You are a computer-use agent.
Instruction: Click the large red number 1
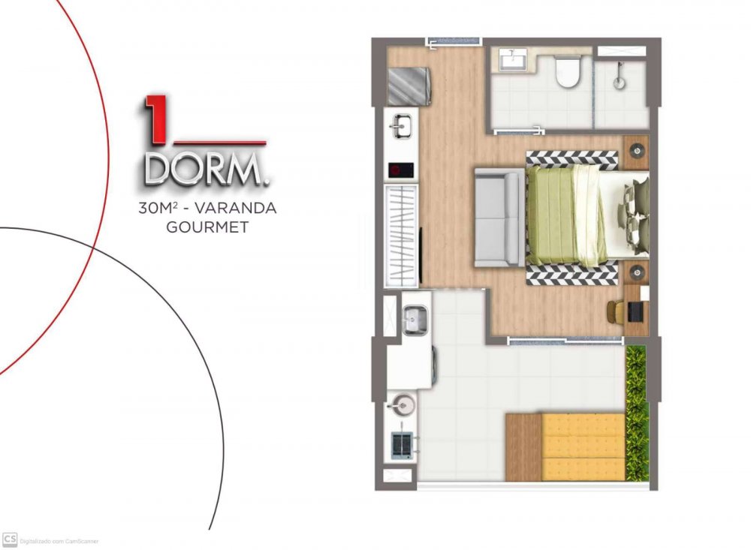pyautogui.click(x=154, y=119)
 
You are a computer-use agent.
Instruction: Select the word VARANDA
pyautogui.click(x=236, y=209)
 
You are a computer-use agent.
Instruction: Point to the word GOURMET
pyautogui.click(x=207, y=227)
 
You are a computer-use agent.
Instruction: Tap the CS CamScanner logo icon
pyautogui.click(x=9, y=539)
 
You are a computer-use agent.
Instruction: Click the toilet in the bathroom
pyautogui.click(x=568, y=71)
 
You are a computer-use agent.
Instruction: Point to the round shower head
pyautogui.click(x=620, y=83)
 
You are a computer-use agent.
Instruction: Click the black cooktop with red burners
pyautogui.click(x=401, y=170)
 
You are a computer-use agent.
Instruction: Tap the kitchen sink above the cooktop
pyautogui.click(x=401, y=125)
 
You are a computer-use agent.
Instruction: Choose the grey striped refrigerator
pyautogui.click(x=409, y=86)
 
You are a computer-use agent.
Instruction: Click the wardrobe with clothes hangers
pyautogui.click(x=401, y=236)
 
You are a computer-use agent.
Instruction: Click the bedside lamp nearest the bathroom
pyautogui.click(x=637, y=150)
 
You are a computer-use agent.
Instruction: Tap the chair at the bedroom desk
pyautogui.click(x=616, y=311)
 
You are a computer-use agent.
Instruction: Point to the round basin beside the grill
pyautogui.click(x=403, y=405)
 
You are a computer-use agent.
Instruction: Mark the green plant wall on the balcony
pyautogui.click(x=636, y=413)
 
